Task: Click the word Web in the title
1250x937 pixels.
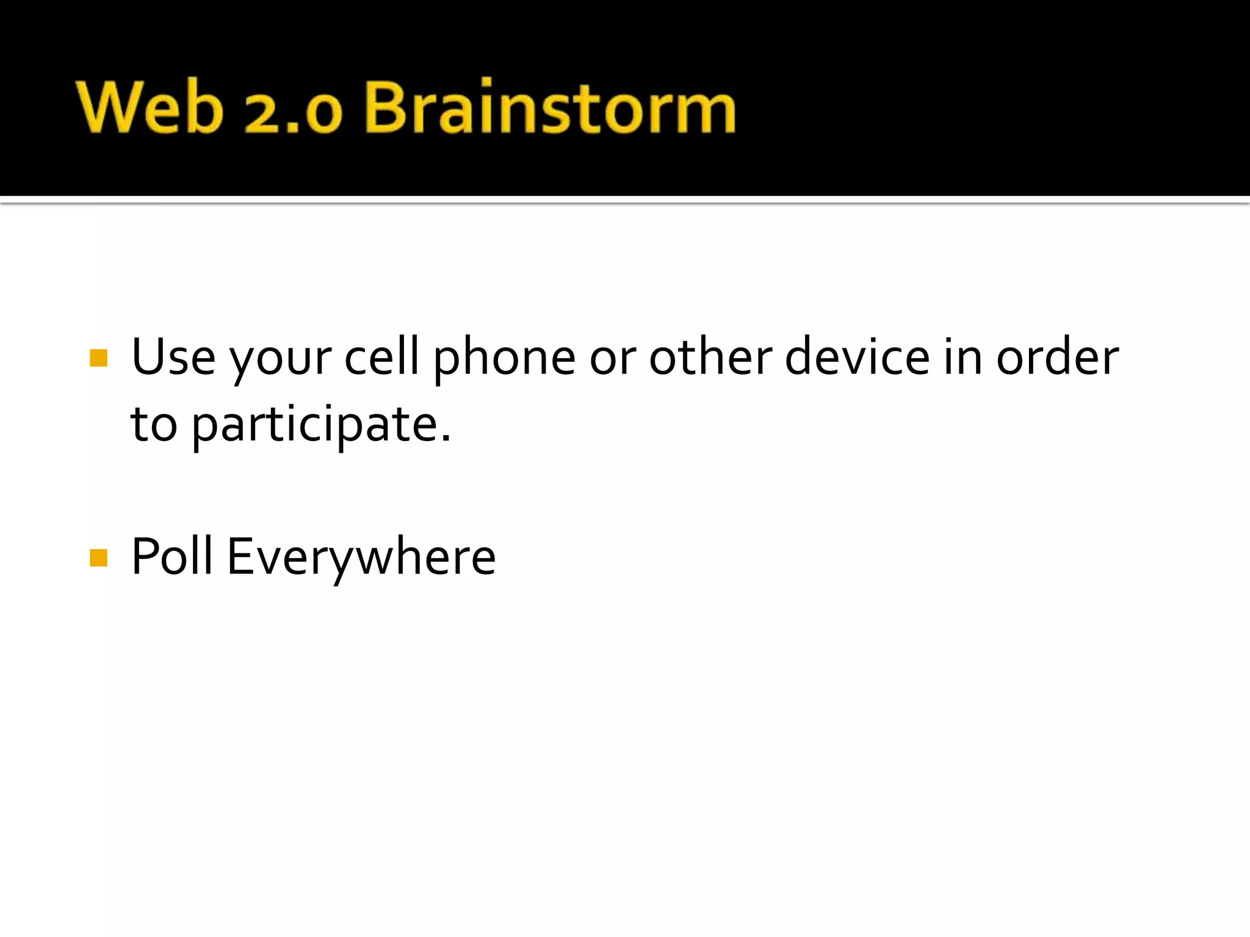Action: pyautogui.click(x=150, y=107)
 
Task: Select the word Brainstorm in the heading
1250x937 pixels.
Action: pyautogui.click(x=549, y=107)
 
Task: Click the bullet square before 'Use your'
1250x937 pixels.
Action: pyautogui.click(x=98, y=358)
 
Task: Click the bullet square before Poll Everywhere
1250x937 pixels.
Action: pyautogui.click(x=98, y=558)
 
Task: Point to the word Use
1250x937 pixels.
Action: pyautogui.click(x=173, y=357)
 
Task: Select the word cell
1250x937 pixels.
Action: pyautogui.click(x=382, y=356)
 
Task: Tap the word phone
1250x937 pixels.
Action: pyautogui.click(x=504, y=360)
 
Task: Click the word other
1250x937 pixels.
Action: pyautogui.click(x=710, y=356)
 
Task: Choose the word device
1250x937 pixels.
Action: pyautogui.click(x=857, y=356)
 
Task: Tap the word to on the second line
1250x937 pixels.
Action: pyautogui.click(x=154, y=425)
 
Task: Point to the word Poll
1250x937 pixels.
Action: pyautogui.click(x=172, y=556)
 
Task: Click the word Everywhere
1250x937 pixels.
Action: pyautogui.click(x=361, y=558)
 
